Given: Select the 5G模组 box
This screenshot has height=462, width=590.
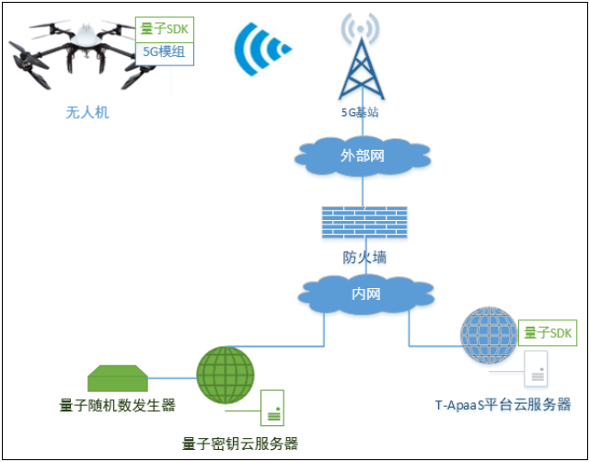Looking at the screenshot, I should coord(164,52).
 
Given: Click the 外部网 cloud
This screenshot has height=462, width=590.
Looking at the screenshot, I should coord(362,156).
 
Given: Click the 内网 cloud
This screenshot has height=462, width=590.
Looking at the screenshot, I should coord(365,294).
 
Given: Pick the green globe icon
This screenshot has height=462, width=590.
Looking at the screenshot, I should coord(225,375).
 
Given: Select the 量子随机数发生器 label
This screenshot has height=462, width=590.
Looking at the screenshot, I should coord(118,405).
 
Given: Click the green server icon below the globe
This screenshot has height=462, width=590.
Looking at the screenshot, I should coord(272,406).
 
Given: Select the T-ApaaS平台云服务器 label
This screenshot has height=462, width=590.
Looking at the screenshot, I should coord(503,405).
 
